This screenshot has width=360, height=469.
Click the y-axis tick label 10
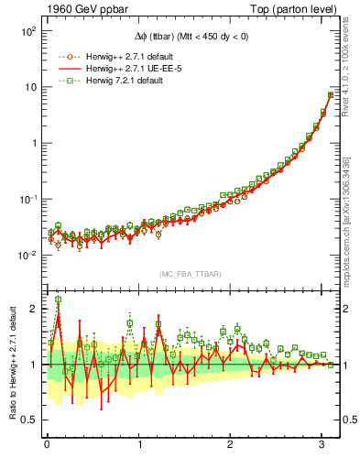pyautogui.click(x=27, y=87)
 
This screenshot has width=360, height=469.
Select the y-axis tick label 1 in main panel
pyautogui.click(x=31, y=143)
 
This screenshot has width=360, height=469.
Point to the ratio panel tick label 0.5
pyautogui.click(x=27, y=420)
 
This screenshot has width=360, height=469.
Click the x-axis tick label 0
pyautogui.click(x=47, y=445)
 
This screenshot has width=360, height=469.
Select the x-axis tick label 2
pyautogui.click(x=232, y=445)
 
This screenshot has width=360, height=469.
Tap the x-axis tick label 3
pyautogui.click(x=323, y=445)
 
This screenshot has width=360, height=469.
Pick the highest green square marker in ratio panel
pyautogui.click(x=59, y=300)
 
